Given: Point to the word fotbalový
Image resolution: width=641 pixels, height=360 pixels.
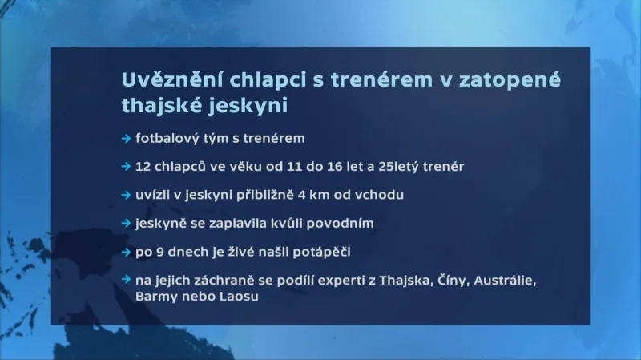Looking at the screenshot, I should coord(167,139).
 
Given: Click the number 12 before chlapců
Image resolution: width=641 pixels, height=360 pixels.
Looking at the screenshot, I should coord(143,167).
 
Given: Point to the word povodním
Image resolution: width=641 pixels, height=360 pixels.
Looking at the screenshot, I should coord(341,224).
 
